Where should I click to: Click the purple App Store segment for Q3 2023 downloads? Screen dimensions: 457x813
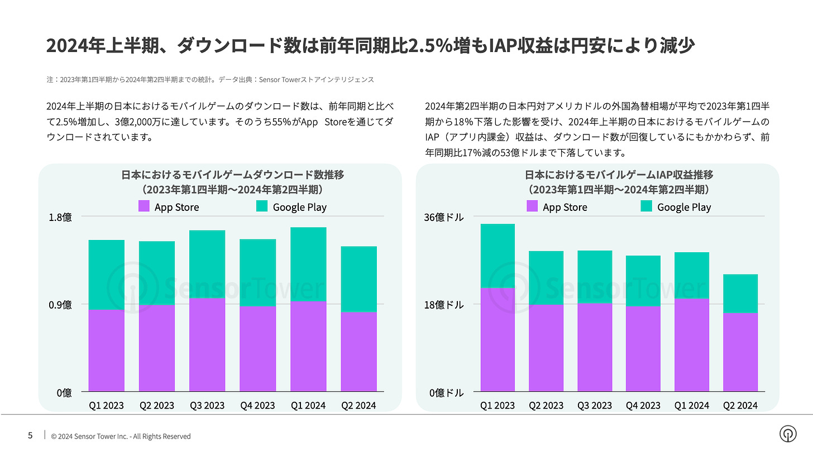point(207,344)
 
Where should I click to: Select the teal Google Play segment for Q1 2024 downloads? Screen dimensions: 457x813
point(308,264)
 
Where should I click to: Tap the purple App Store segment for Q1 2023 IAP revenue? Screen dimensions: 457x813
point(498,339)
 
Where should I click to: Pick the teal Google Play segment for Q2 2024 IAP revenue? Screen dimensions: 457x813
point(740,294)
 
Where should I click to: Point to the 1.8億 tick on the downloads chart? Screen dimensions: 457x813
point(61,217)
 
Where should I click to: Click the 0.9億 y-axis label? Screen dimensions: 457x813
point(61,305)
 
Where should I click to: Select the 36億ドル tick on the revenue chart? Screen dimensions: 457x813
point(446,217)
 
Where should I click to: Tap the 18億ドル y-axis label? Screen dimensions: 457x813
point(446,305)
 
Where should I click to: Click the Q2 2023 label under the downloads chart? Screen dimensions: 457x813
point(156,405)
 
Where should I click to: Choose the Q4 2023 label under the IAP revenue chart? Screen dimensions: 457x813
point(643,405)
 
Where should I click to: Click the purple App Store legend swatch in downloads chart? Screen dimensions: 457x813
point(144,206)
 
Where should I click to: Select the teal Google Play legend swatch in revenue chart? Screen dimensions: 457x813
point(647,206)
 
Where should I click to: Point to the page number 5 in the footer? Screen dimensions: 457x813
point(30,436)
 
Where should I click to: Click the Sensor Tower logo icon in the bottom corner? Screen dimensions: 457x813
point(788,434)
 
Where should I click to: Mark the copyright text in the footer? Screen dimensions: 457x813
point(121,436)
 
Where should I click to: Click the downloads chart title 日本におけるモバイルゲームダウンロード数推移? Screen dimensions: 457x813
point(232,175)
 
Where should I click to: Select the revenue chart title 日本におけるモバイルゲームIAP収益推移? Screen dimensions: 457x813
point(618,175)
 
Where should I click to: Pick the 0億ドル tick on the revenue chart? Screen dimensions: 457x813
point(446,393)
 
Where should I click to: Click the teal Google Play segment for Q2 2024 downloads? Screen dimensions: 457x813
point(358,279)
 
